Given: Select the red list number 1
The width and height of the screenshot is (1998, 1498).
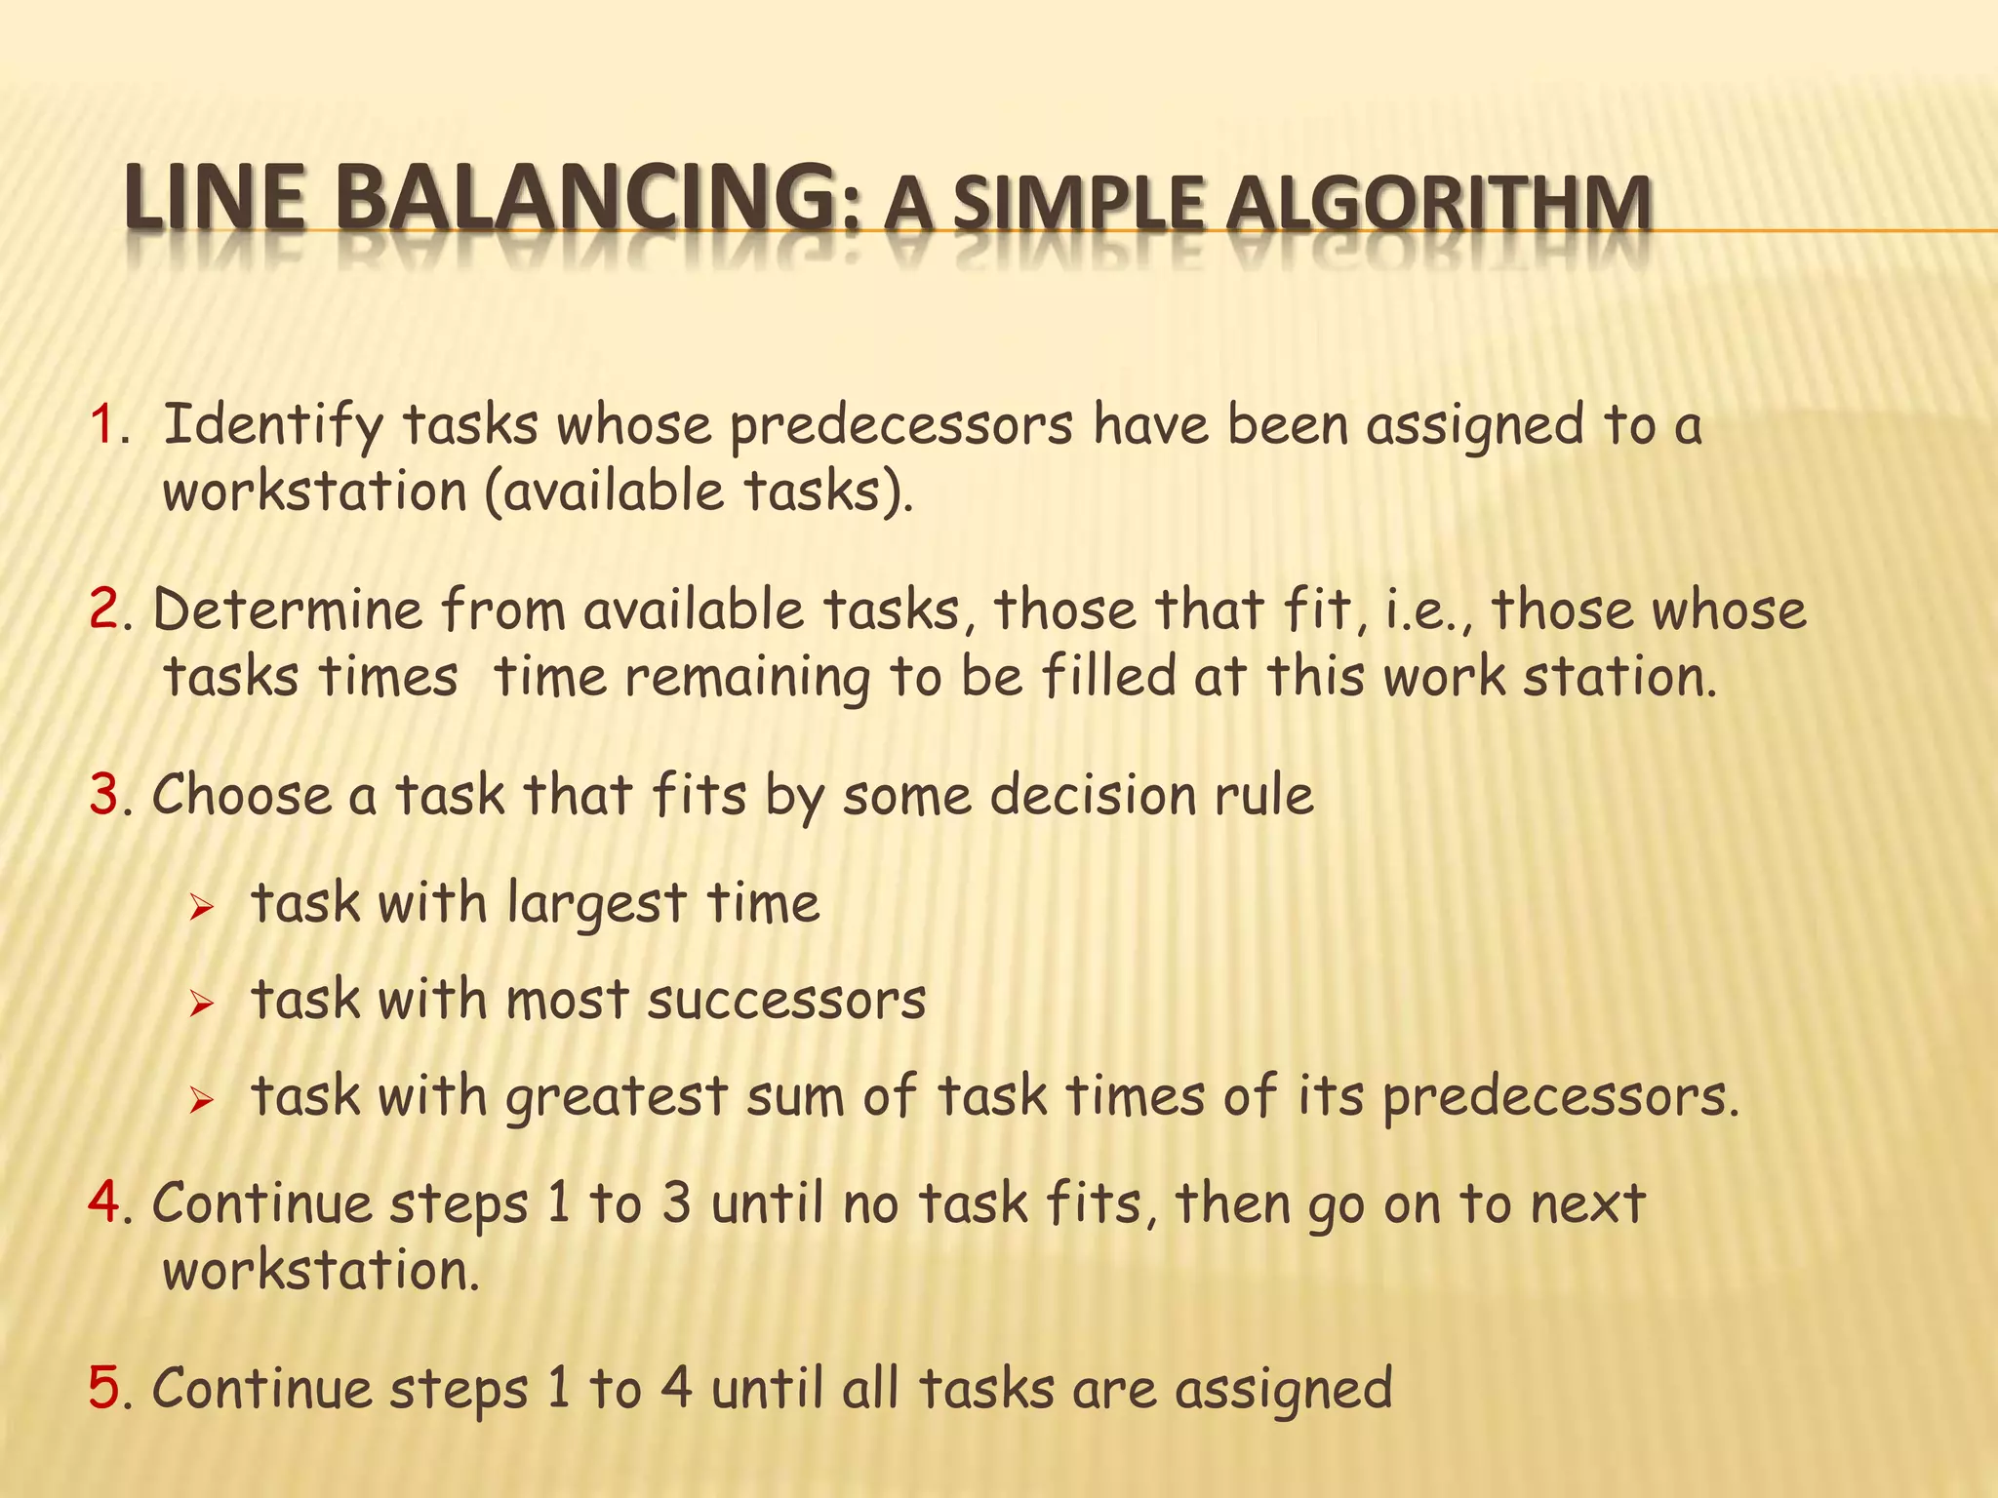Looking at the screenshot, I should coord(102,426).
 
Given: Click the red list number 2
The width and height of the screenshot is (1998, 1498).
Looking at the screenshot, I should coord(103,611).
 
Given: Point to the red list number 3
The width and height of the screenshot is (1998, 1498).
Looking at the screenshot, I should coord(103,796).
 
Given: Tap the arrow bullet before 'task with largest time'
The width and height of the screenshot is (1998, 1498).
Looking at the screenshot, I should coord(201,909).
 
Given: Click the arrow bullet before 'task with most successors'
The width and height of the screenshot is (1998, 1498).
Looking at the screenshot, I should coord(201,1004).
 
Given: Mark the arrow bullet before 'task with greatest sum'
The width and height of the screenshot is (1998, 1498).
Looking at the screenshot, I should coord(201,1102).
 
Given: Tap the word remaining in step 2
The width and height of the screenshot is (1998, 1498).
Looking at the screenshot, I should coord(747,679).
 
